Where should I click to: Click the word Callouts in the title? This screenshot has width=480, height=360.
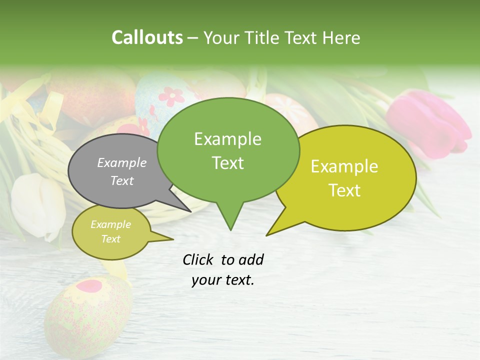pos(147,37)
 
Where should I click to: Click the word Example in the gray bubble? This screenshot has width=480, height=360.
pos(122,162)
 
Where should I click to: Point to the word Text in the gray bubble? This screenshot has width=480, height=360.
pos(122,180)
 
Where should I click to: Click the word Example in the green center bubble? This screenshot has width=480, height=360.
pos(227,139)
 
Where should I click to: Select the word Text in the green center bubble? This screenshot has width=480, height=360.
pos(227,162)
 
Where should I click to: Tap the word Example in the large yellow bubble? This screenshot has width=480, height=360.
pos(344,166)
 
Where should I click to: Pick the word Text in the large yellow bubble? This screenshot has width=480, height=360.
pos(344,190)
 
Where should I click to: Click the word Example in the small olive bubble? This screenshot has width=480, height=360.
pos(110,224)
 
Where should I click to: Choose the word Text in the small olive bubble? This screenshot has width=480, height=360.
pos(110,239)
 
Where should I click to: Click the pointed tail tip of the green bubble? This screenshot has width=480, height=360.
pos(230,230)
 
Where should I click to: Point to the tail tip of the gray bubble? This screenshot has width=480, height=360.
pos(191,211)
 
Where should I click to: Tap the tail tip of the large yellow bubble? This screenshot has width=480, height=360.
pos(266,235)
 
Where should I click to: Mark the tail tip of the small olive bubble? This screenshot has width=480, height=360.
pos(173,239)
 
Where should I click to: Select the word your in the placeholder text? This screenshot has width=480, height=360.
pos(204,280)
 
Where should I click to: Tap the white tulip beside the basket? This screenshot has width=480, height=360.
pos(37,205)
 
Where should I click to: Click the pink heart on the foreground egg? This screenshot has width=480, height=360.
pos(89,286)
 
